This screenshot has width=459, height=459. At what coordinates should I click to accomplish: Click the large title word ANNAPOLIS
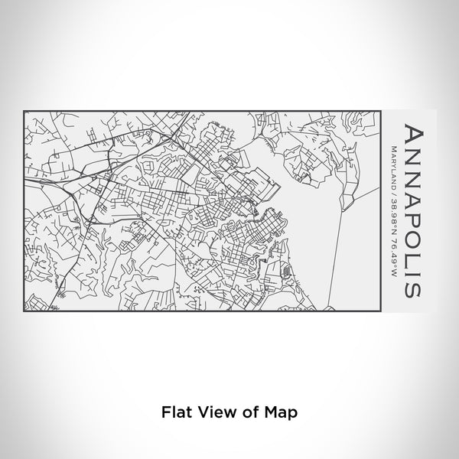411,210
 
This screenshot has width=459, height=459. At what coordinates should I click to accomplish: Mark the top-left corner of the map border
24,110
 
